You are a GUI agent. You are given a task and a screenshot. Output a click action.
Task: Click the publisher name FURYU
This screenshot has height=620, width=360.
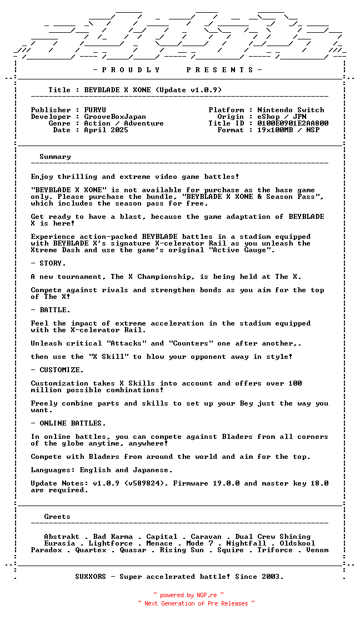(x=95, y=110)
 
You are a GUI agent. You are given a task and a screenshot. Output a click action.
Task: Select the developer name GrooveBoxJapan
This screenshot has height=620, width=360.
(x=115, y=117)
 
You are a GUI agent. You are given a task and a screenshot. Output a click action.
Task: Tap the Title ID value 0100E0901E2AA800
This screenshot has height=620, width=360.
(x=293, y=123)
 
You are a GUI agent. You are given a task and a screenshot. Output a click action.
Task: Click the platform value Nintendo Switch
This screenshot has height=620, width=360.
(x=291, y=110)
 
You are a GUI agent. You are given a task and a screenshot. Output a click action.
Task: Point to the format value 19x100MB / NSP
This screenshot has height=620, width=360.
(x=288, y=130)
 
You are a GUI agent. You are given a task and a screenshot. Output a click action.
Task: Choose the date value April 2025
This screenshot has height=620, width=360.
(x=106, y=130)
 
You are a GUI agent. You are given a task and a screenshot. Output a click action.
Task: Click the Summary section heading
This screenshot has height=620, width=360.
(x=55, y=157)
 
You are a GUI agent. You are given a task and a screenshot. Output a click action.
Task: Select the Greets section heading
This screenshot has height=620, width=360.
(x=57, y=517)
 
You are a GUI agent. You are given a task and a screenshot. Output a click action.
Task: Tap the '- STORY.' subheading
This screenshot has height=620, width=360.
(x=48, y=263)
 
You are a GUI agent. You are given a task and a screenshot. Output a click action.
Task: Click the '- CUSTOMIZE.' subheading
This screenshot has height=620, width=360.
(x=57, y=370)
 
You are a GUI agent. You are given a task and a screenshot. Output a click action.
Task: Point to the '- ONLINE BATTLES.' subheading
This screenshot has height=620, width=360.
(x=68, y=423)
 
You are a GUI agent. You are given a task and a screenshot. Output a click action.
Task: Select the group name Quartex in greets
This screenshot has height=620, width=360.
(x=91, y=550)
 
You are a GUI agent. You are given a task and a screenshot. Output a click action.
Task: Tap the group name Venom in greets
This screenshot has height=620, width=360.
(x=317, y=550)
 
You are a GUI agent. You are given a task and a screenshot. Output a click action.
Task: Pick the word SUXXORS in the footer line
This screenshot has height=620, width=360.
(x=91, y=577)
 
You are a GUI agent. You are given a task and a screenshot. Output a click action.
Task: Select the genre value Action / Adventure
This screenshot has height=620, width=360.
(x=124, y=123)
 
